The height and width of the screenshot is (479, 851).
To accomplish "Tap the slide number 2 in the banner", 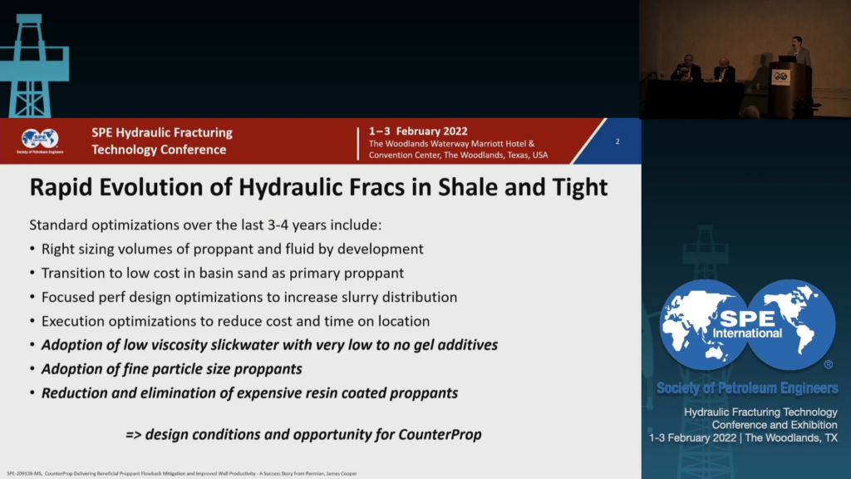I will click(x=617, y=141).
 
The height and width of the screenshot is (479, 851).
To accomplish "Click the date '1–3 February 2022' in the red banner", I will click(x=418, y=131).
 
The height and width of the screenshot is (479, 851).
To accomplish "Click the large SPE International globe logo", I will click(x=747, y=325).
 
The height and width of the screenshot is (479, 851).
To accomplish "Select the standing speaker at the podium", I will click(x=799, y=54).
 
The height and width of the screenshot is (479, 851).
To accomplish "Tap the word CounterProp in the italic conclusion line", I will click(x=441, y=434).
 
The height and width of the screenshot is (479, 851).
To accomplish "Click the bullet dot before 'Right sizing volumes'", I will click(x=32, y=249).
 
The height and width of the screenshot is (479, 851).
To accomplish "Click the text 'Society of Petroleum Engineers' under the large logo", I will click(x=746, y=388).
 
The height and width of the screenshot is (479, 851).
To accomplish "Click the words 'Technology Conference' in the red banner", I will click(x=159, y=150).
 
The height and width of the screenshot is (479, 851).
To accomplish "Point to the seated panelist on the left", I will click(x=686, y=69).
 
